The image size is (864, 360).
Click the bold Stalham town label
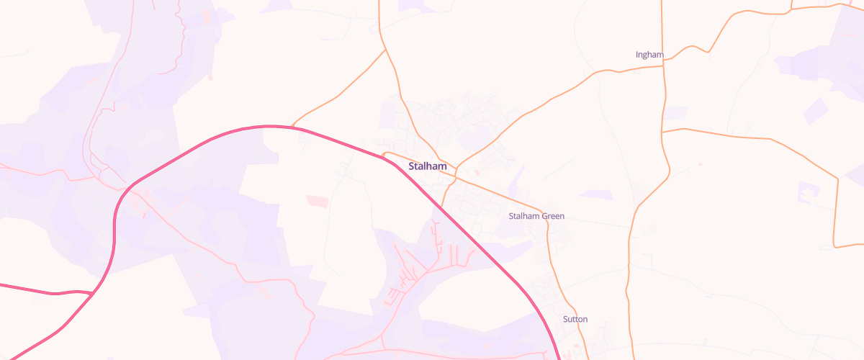click(x=428, y=166)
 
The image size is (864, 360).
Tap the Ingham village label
click(x=649, y=55)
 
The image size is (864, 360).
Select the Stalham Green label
click(x=536, y=216)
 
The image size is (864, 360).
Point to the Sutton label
click(x=575, y=319)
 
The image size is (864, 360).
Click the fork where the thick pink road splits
click(x=93, y=294)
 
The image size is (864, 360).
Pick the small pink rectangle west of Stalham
click(x=316, y=200)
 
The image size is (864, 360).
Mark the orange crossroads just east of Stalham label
click(x=456, y=168)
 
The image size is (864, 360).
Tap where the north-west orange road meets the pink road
click(x=293, y=127)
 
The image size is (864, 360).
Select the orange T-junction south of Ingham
click(x=662, y=131)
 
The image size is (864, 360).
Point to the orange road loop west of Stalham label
click(x=386, y=154)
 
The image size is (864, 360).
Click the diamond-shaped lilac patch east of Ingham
click(x=816, y=110)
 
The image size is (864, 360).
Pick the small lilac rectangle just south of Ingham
click(x=675, y=112)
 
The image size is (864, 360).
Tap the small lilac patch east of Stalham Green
click(x=596, y=194)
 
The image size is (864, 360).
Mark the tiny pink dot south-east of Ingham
click(x=700, y=164)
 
